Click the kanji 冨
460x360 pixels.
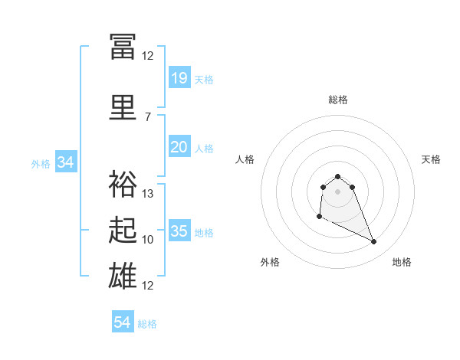click(123, 47)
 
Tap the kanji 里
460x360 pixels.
click(123, 107)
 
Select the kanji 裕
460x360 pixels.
click(123, 184)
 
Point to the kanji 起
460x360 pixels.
click(123, 230)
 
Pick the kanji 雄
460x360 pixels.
click(123, 276)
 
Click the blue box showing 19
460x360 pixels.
click(179, 77)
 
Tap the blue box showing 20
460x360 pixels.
click(179, 146)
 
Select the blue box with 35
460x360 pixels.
click(179, 230)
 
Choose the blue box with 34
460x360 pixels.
click(66, 162)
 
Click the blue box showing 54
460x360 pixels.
click(123, 321)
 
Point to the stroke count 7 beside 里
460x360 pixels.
click(148, 117)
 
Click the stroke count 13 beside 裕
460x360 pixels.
click(147, 194)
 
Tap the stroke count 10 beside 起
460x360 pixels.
click(147, 240)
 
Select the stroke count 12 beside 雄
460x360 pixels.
click(147, 286)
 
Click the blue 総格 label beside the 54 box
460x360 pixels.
click(147, 324)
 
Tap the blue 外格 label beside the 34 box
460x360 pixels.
click(41, 164)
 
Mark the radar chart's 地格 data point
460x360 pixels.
click(374, 241)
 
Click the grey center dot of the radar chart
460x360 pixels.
click(337, 191)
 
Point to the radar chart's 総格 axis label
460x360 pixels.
click(338, 100)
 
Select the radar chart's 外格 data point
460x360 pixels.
click(320, 217)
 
